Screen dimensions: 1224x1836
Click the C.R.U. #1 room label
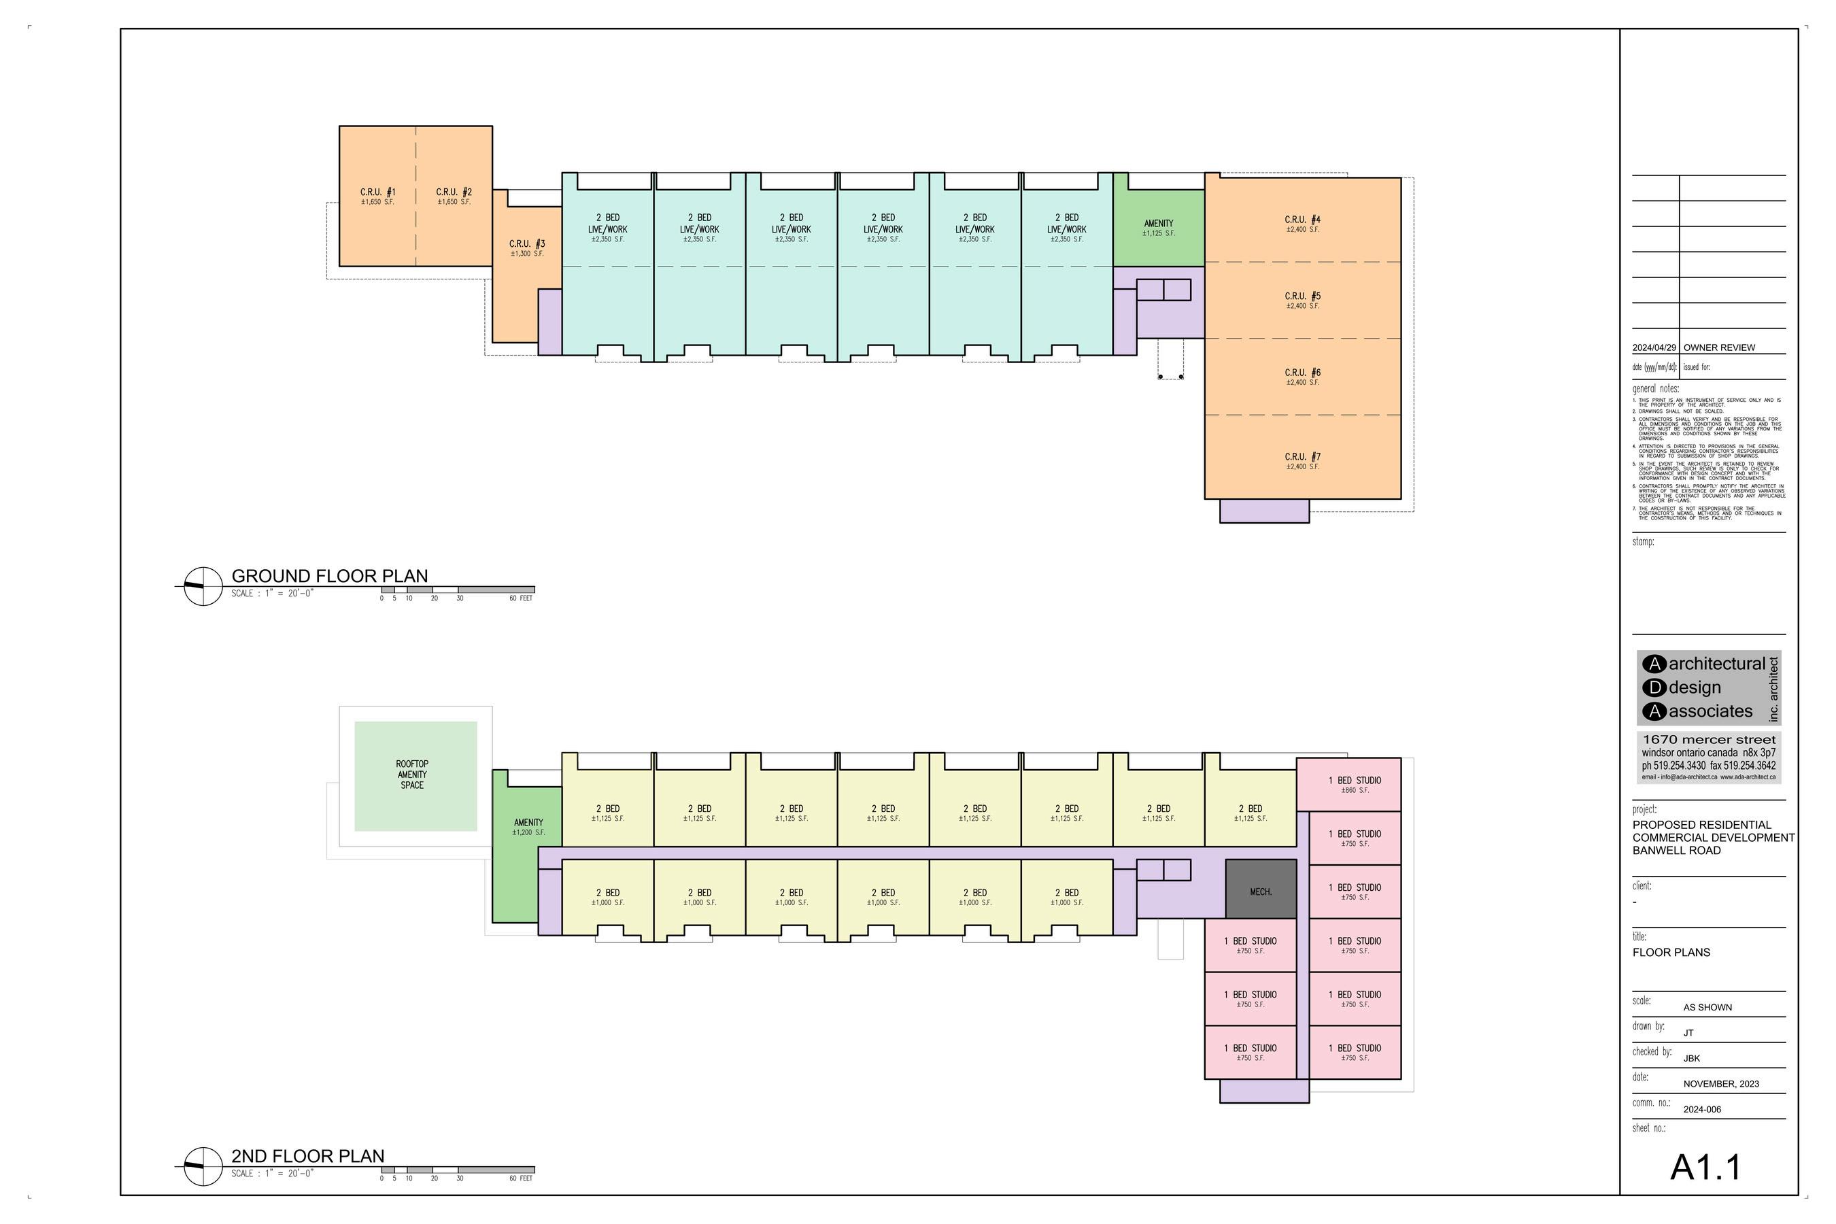click(x=378, y=195)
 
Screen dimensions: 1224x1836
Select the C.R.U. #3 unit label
click(x=527, y=248)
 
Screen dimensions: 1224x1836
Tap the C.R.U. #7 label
click(x=1302, y=460)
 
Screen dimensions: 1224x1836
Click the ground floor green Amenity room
click(x=1159, y=227)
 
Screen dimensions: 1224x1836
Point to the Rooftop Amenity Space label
click(x=412, y=775)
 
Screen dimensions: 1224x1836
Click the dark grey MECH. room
click(x=1261, y=891)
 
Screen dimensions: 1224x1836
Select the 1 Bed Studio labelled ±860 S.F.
click(x=1355, y=785)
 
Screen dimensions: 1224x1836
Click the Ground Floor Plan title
click(x=329, y=576)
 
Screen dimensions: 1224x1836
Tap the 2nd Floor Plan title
click(x=307, y=1156)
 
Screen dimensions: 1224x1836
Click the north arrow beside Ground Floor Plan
click(x=203, y=586)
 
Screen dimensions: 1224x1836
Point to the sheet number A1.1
click(x=1705, y=1168)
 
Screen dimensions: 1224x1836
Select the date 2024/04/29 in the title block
click(x=1653, y=347)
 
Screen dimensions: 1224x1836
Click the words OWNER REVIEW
click(x=1719, y=347)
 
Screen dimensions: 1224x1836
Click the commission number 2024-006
click(x=1702, y=1109)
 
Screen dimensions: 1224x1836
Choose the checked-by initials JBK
click(x=1692, y=1059)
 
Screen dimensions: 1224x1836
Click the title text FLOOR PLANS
click(x=1671, y=953)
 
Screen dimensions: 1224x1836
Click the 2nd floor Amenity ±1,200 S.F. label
click(x=528, y=827)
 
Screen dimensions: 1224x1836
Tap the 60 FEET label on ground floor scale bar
click(x=521, y=598)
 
